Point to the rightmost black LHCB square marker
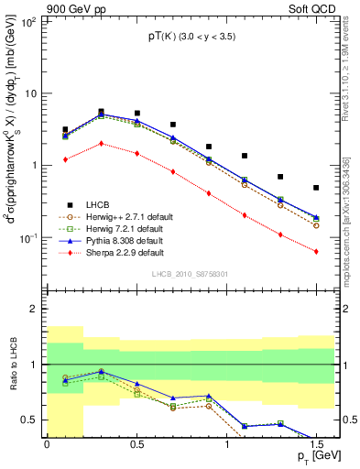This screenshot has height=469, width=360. [x=316, y=188]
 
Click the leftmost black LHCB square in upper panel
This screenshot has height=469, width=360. [x=65, y=130]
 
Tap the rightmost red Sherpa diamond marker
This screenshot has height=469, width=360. [x=316, y=251]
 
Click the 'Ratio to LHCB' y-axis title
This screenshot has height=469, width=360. [x=13, y=364]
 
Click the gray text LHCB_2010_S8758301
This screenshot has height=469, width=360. [x=190, y=274]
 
